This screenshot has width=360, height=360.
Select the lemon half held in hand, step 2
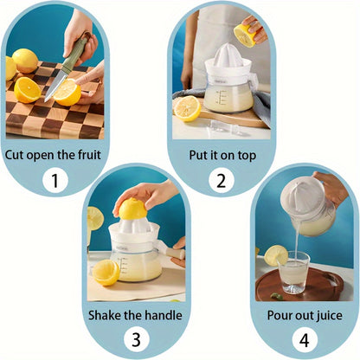245,35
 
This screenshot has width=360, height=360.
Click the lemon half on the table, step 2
188,107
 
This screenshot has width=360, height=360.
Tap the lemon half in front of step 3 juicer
106,272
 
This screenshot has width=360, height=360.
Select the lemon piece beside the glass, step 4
276,254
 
